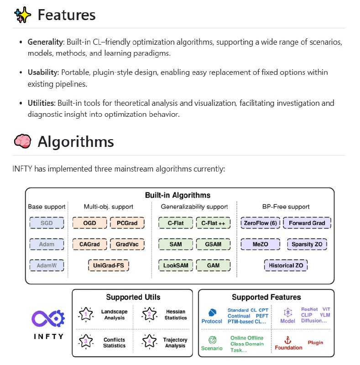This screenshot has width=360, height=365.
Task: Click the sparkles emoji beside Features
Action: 23,15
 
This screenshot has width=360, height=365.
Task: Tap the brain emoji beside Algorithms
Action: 23,141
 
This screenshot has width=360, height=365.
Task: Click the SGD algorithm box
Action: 47,223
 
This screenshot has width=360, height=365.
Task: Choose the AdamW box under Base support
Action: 47,265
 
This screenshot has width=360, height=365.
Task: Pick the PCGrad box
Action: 127,223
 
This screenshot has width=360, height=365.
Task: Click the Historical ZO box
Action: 286,265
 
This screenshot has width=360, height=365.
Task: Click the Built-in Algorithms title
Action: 177,195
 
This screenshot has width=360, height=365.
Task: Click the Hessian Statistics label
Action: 176,314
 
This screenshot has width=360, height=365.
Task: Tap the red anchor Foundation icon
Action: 287,339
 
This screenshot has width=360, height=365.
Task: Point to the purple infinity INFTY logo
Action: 47,318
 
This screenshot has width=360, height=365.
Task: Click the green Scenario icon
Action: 212,340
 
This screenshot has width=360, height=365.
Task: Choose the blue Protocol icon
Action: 212,313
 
